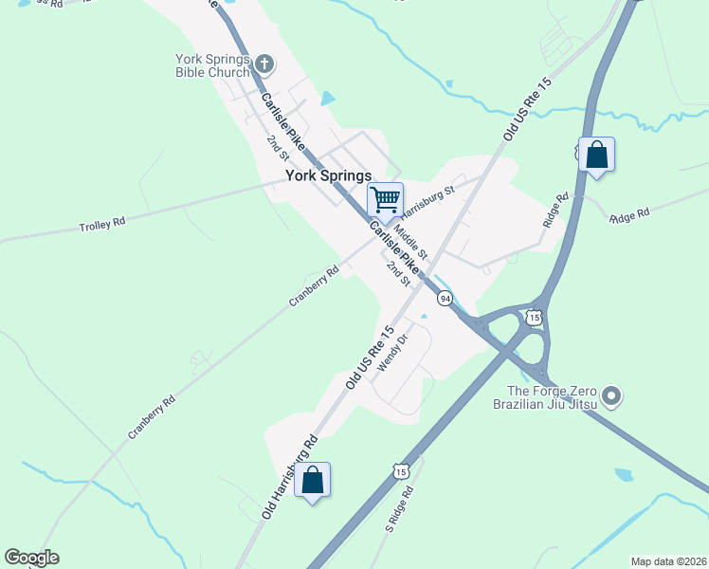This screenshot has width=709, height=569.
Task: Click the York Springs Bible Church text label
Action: (212, 65)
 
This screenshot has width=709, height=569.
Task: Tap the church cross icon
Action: (264, 65)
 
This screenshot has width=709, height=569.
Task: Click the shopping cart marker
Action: (385, 200)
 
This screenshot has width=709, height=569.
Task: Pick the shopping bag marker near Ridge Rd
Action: (596, 155)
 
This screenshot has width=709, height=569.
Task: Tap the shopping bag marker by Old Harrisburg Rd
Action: (312, 481)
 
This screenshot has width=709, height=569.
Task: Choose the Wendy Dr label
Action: (391, 352)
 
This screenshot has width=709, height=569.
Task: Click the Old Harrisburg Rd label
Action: (290, 477)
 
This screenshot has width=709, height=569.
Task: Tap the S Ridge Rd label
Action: (402, 509)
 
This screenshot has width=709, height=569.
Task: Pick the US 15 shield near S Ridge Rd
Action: (401, 471)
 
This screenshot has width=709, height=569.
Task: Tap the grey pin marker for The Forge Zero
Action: (611, 395)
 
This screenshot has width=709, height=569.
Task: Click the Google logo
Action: (31, 558)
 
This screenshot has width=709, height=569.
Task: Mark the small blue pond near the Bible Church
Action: (328, 98)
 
